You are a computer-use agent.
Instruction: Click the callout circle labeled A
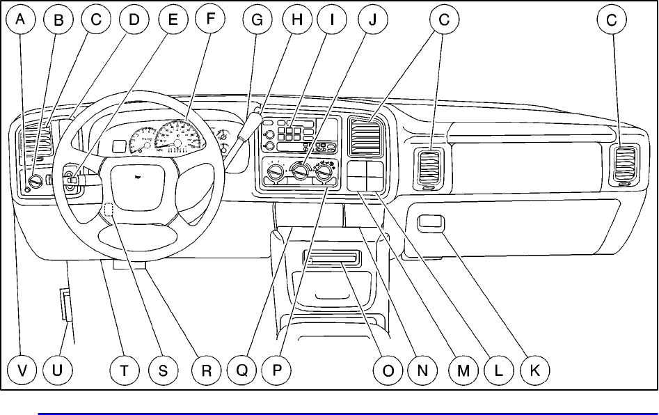(x=22, y=20)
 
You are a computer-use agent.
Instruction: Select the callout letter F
(x=206, y=20)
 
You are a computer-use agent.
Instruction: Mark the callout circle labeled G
(x=257, y=20)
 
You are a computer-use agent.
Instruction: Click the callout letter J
(x=372, y=20)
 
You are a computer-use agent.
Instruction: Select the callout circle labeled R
(x=206, y=371)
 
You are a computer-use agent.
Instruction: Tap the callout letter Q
(x=241, y=371)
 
